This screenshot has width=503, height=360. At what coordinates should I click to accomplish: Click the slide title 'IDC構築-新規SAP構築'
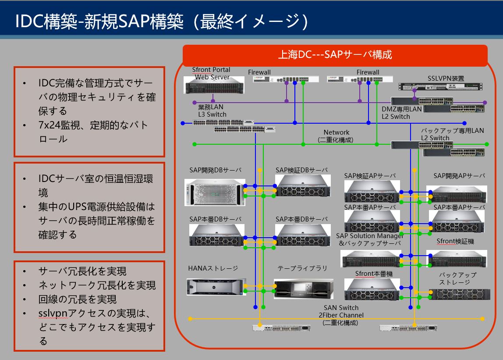point(99,21)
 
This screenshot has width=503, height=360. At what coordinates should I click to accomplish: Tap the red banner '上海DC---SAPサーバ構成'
point(335,55)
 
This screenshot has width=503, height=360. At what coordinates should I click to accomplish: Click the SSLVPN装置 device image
point(440,86)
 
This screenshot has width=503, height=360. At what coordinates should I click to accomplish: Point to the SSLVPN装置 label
point(446,78)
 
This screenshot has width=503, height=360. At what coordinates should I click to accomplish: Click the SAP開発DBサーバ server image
point(215,192)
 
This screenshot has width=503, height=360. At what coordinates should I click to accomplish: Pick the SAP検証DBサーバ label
point(301,170)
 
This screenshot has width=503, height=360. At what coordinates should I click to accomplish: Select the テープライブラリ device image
point(304,289)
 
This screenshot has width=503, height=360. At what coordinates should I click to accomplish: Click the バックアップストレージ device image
point(461,294)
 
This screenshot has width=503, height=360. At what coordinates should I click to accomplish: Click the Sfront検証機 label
point(455,241)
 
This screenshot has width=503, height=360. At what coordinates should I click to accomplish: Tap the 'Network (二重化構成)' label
point(336,136)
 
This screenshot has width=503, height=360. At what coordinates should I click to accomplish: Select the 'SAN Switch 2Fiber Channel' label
point(341,311)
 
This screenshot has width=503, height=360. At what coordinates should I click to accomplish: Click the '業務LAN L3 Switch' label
point(212,110)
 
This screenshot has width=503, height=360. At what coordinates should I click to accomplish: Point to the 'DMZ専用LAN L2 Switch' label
point(401,113)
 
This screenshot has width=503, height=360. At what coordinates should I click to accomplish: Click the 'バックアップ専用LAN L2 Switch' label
point(452,134)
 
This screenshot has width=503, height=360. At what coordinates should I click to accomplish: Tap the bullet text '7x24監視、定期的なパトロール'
point(93,132)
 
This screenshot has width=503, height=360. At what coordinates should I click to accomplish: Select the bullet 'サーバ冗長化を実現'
point(82,271)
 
